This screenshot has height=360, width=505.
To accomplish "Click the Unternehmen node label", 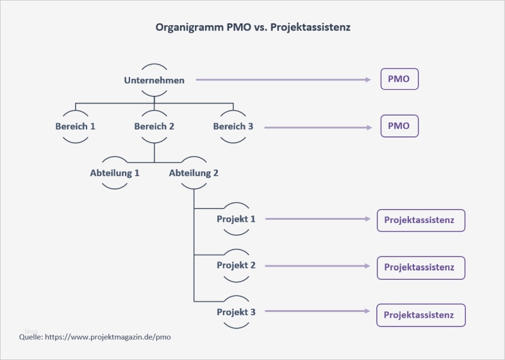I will [155, 80].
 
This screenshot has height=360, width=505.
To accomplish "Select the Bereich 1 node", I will [76, 126].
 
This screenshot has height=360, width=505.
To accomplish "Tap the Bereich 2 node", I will [155, 126].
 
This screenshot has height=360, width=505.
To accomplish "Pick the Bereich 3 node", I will [233, 126].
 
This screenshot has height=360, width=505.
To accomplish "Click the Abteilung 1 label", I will [115, 172].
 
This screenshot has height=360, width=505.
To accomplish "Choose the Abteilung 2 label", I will [194, 172].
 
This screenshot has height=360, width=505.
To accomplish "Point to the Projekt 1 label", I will [236, 219].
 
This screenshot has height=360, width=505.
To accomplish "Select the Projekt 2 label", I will [236, 266].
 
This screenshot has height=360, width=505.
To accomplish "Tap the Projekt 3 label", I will [236, 312].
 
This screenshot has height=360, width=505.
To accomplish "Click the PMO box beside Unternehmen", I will [399, 80].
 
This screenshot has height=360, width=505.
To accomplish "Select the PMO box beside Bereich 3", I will [399, 126].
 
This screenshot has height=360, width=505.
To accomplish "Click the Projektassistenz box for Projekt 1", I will [420, 220].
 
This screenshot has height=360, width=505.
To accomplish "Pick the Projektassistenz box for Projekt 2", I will [420, 267].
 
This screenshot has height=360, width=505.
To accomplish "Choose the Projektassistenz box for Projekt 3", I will [420, 315].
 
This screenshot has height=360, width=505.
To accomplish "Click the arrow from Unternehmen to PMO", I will [284, 80].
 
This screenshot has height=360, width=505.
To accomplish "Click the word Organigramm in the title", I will [187, 28].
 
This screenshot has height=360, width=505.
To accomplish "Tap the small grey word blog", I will [31, 331].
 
